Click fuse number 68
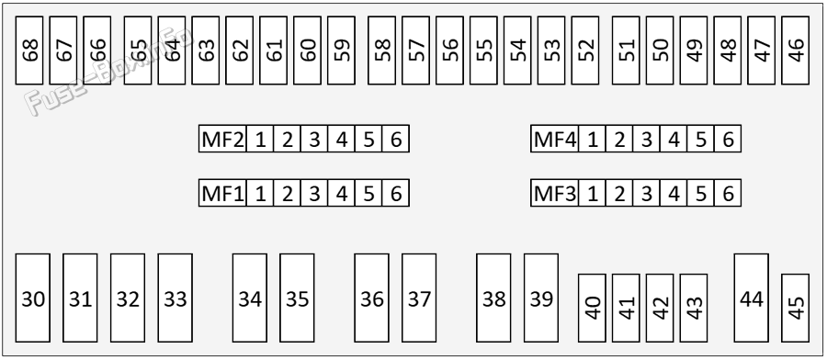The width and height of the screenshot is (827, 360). pyautogui.click(x=29, y=51)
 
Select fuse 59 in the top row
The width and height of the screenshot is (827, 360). pyautogui.click(x=341, y=51)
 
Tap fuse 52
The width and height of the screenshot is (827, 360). pyautogui.click(x=585, y=51)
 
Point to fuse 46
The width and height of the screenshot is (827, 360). pyautogui.click(x=795, y=51)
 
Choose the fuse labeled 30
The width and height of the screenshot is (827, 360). pyautogui.click(x=33, y=298)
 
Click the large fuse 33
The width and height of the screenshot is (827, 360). pyautogui.click(x=176, y=298)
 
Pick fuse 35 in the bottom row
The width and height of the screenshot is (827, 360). pyautogui.click(x=297, y=298)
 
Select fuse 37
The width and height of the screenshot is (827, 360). pyautogui.click(x=419, y=298)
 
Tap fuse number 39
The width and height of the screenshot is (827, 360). pyautogui.click(x=541, y=298)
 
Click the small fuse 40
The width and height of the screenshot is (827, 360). pyautogui.click(x=592, y=308)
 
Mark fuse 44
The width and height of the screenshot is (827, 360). pyautogui.click(x=751, y=298)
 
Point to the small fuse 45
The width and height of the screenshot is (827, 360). pyautogui.click(x=795, y=308)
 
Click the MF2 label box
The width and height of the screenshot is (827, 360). pyautogui.click(x=222, y=139)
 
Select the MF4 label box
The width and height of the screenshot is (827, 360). pyautogui.click(x=554, y=139)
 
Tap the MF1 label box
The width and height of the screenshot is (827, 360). pyautogui.click(x=222, y=193)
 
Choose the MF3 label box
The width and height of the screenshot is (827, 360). pyautogui.click(x=554, y=193)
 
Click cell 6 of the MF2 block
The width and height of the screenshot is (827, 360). pyautogui.click(x=395, y=139)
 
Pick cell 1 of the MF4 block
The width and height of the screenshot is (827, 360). pyautogui.click(x=593, y=139)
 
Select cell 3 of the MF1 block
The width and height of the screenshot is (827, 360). pyautogui.click(x=314, y=193)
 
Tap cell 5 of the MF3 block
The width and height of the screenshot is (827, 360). pyautogui.click(x=700, y=193)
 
